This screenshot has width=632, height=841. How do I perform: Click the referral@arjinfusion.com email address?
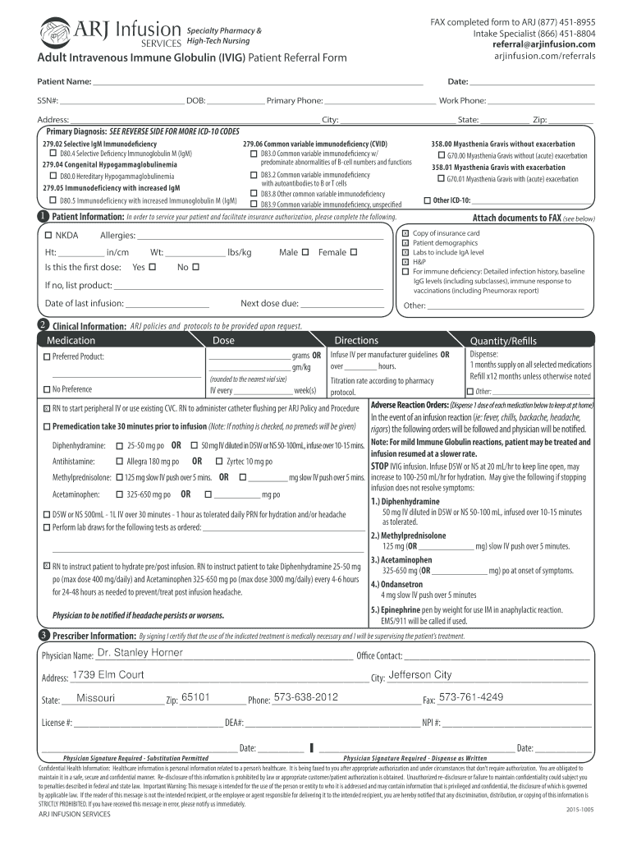[x=543, y=44]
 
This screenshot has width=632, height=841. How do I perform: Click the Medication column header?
[x=71, y=340]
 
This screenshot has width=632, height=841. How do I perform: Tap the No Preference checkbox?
[x=47, y=389]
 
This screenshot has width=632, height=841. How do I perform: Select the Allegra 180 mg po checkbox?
[x=120, y=462]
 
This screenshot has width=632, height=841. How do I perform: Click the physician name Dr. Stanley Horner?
[x=140, y=653]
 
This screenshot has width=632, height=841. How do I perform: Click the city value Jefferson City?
[x=419, y=675]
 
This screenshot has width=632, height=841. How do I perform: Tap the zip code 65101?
[x=196, y=697]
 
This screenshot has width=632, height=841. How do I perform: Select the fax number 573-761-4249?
[x=471, y=697]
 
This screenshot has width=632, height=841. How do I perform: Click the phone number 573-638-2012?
[x=305, y=697]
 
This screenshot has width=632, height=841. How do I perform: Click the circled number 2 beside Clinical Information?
[x=43, y=325]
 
